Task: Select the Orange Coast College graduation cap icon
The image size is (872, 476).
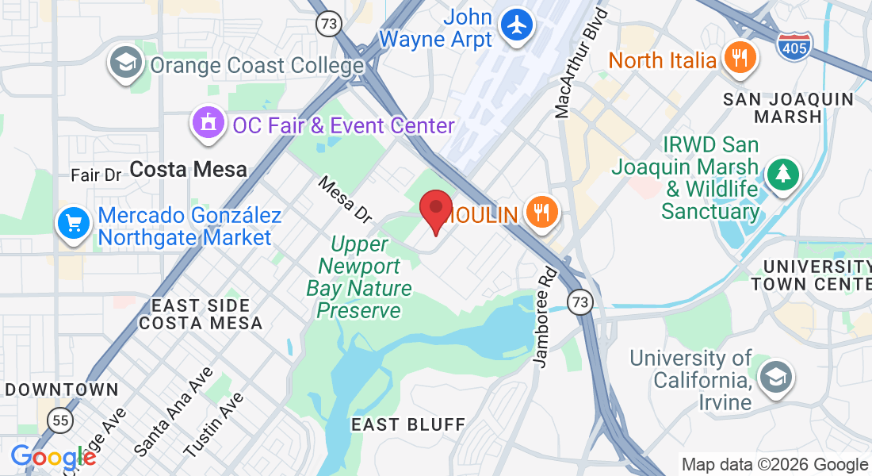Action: (126, 63)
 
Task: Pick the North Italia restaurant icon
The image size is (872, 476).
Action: (740, 59)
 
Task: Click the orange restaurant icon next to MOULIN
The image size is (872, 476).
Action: (541, 213)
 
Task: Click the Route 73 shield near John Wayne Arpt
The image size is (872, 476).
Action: (328, 23)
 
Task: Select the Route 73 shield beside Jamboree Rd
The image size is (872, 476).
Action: (582, 301)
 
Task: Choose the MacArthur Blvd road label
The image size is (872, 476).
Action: (582, 63)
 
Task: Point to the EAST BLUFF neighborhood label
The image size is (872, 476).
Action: (407, 424)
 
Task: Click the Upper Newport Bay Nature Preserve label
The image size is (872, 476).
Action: (359, 277)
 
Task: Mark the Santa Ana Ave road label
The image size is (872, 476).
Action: (173, 411)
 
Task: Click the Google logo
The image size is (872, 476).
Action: (52, 458)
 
